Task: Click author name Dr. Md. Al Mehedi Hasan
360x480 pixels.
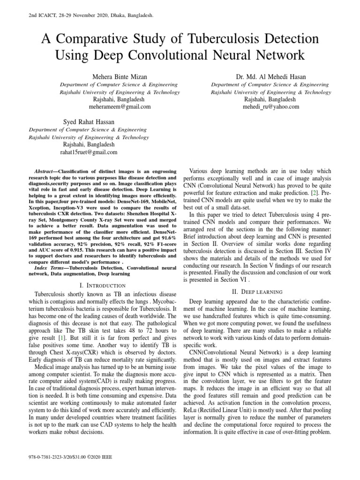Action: tap(270, 76)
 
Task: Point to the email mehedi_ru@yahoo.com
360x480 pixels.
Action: tap(270, 106)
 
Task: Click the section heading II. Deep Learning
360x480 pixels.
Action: tap(270, 291)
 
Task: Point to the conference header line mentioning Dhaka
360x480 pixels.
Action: tap(87, 15)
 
